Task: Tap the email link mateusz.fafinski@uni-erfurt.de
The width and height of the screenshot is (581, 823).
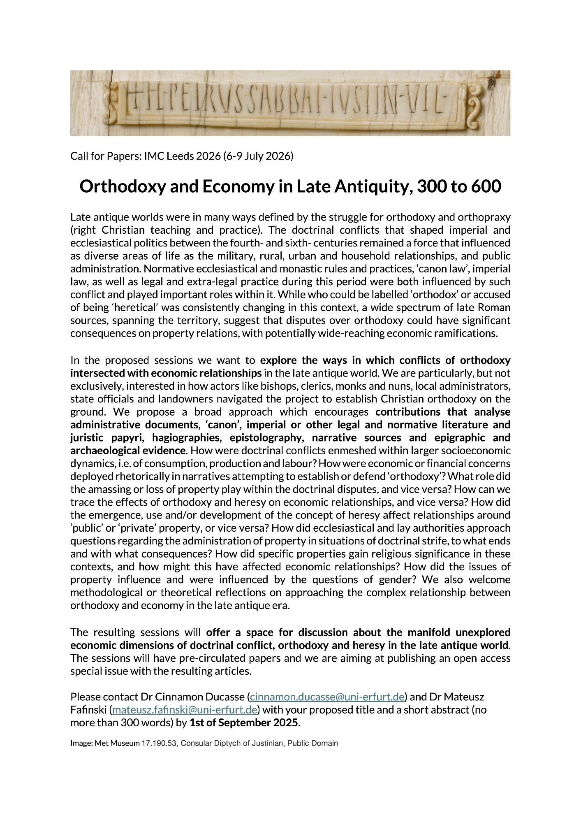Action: point(185,710)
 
